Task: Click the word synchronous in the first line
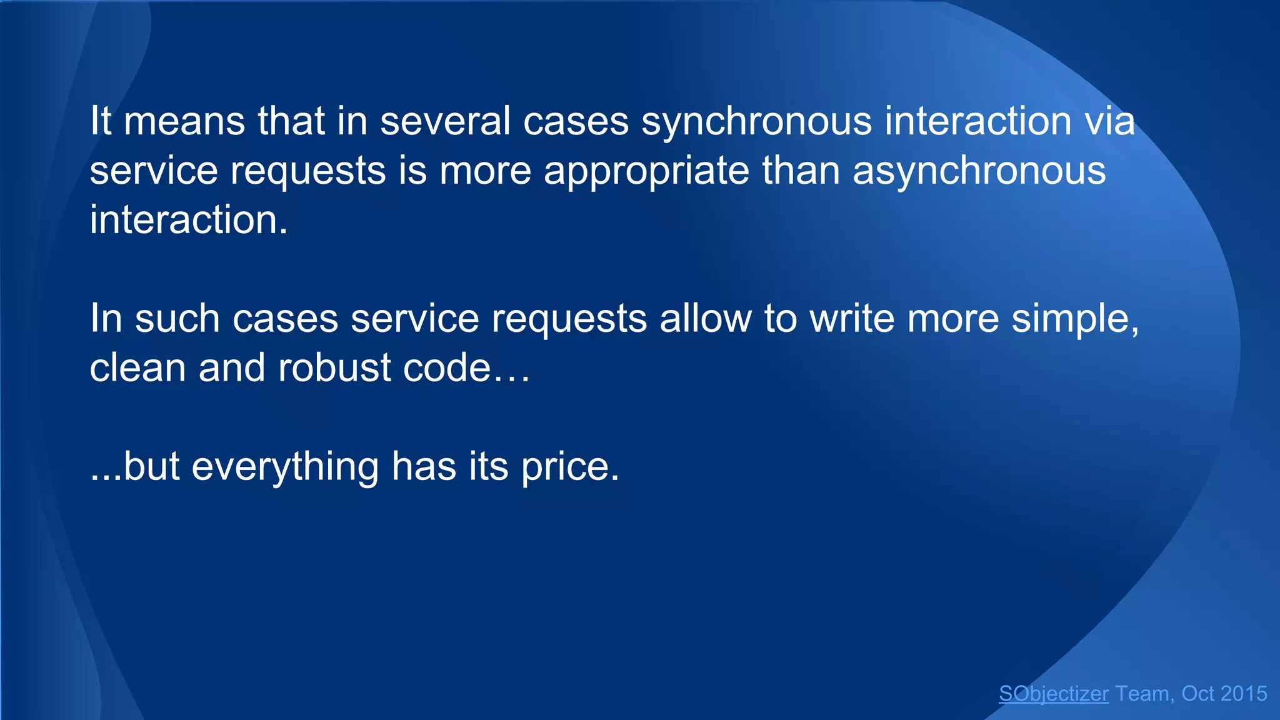[x=757, y=121]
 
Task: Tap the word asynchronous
[x=979, y=171]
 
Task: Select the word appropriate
[x=646, y=171]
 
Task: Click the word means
[x=184, y=121]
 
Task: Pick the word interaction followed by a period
[x=189, y=220]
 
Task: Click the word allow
[x=706, y=319]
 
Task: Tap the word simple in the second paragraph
[x=1075, y=319]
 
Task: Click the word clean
[x=138, y=367]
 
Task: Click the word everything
[x=285, y=467]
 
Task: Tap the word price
[x=570, y=467]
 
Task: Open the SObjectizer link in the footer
[x=1054, y=694]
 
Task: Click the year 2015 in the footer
[x=1244, y=694]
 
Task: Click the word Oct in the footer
[x=1198, y=694]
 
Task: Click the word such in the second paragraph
[x=177, y=319]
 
